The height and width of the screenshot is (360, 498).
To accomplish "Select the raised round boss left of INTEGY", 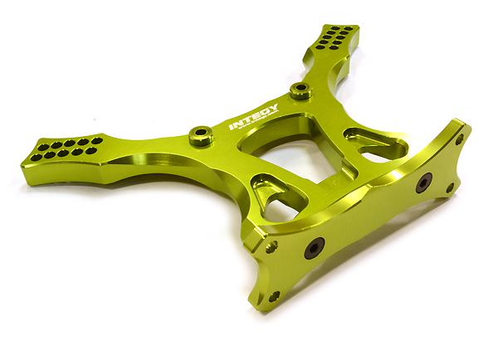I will coord(199,133).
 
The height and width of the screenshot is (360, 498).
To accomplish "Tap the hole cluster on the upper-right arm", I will coord(342,35).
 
